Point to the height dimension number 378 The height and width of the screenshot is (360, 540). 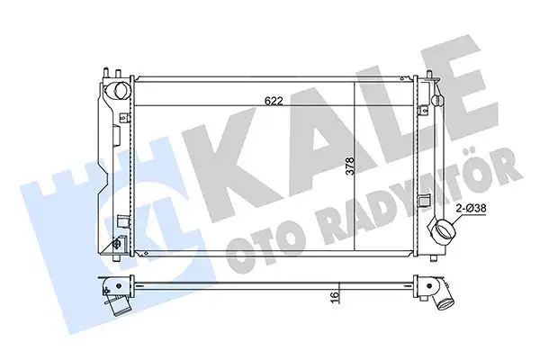coord(349,167)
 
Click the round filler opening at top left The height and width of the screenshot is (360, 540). coord(117,94)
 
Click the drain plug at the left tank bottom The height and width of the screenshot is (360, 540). coord(118,245)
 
